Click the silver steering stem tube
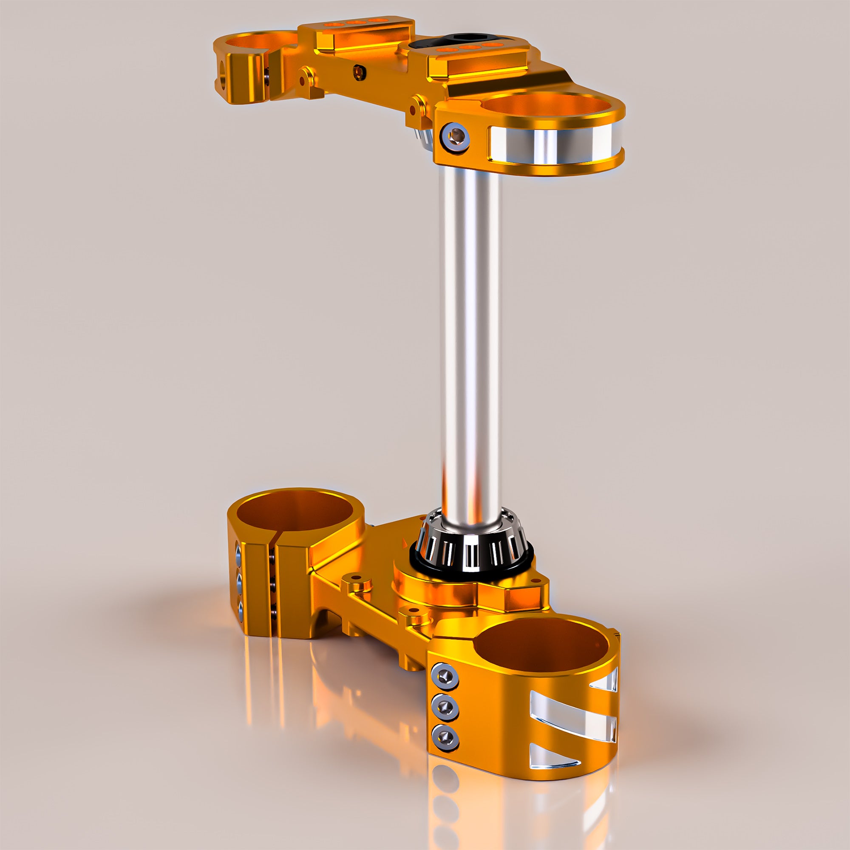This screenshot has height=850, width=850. coord(470,334)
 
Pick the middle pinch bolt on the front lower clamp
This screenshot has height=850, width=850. coord(445,708)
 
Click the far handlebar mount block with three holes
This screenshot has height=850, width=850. coord(357,32)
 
